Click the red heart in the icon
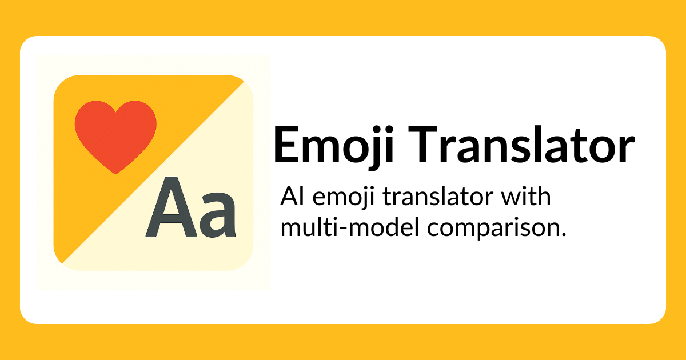116,134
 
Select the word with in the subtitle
526,198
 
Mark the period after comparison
555,234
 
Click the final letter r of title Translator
625,150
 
